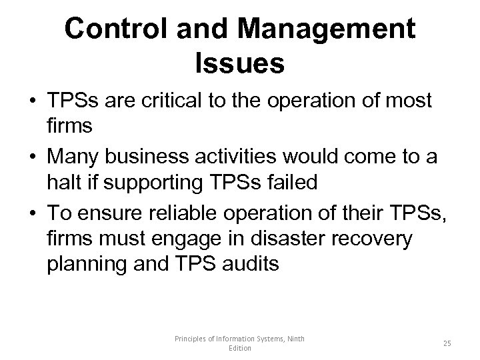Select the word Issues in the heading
click(x=240, y=63)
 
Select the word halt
click(x=63, y=183)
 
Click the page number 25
click(x=447, y=343)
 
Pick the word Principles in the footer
click(x=191, y=339)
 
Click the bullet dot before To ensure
click(x=31, y=213)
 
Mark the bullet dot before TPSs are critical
click(x=31, y=101)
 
